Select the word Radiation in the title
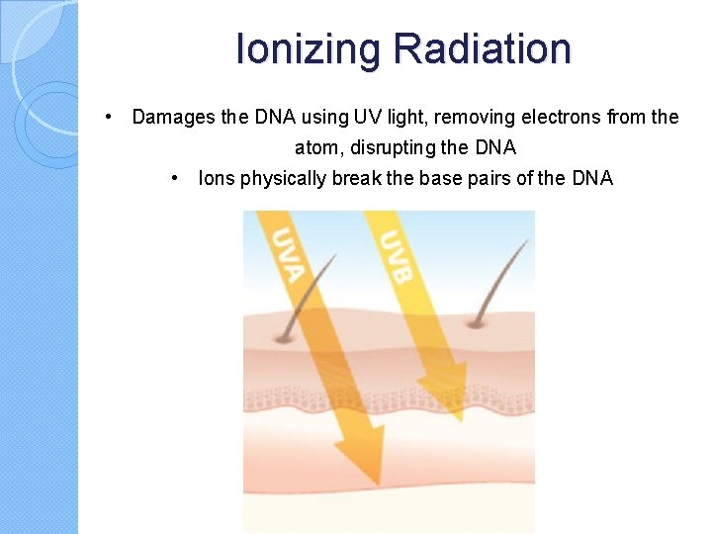(x=482, y=48)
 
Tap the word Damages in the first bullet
(x=174, y=118)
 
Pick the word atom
(x=314, y=148)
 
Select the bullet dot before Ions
(x=174, y=178)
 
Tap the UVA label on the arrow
(x=285, y=254)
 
